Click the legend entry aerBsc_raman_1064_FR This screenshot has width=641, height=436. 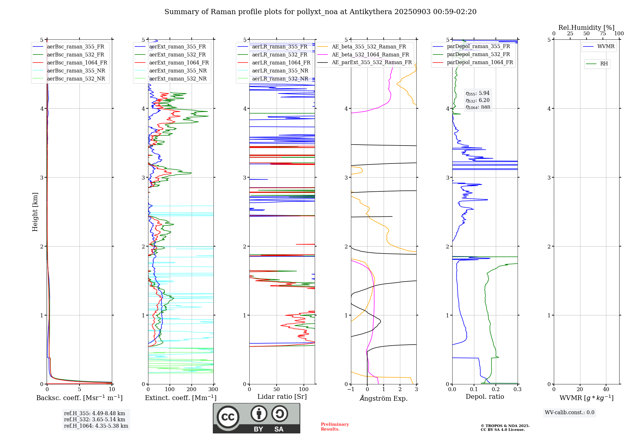77,63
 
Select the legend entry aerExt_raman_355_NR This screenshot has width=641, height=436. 178,71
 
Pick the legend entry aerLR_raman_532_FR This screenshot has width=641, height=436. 279,55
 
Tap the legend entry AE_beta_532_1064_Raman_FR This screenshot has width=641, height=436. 370,55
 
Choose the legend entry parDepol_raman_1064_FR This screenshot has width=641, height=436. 480,63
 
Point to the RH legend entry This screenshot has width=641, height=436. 604,64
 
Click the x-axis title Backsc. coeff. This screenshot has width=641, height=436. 79,398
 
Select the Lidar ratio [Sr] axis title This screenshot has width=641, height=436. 282,397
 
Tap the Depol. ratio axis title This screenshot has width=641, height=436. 485,397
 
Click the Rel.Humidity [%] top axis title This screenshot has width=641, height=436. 586,28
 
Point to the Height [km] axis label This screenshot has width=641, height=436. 35,212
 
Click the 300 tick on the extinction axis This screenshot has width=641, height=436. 213,390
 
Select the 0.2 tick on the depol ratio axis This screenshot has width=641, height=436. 496,390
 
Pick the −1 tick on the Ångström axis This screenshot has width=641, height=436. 351,390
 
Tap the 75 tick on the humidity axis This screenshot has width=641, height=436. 603,34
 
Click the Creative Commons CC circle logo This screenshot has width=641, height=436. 228,417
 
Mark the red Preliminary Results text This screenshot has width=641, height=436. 335,427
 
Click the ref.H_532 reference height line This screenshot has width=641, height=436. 95,420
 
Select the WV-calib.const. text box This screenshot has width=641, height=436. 570,413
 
